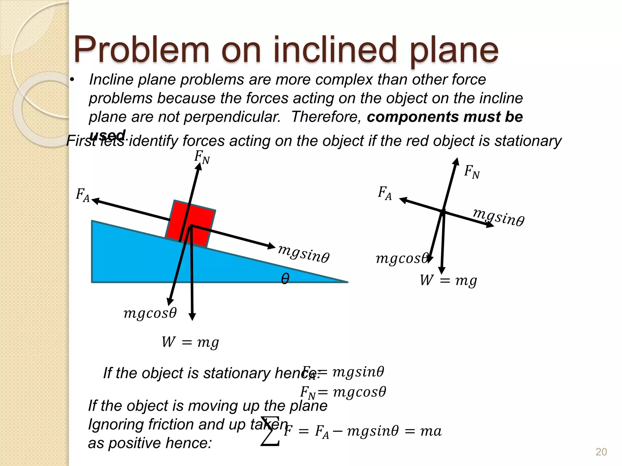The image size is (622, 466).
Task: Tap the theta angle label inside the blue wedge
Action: pyautogui.click(x=285, y=278)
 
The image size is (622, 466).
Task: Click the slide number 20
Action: pyautogui.click(x=601, y=452)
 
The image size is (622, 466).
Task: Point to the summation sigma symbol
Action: pyautogui.click(x=270, y=431)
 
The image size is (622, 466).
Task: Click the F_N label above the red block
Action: pyautogui.click(x=202, y=157)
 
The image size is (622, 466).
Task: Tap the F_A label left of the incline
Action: pyautogui.click(x=83, y=195)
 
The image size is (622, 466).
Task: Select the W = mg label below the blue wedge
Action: pyautogui.click(x=190, y=343)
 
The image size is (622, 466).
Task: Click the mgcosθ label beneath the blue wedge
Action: pyautogui.click(x=150, y=313)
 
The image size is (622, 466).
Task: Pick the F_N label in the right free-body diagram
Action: pyautogui.click(x=472, y=172)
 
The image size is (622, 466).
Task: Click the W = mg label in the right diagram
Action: pyautogui.click(x=448, y=280)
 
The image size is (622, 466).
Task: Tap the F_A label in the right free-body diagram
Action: pyautogui.click(x=384, y=193)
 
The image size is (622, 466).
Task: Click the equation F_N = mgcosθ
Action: pyautogui.click(x=343, y=392)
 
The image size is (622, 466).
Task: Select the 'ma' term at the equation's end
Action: pyautogui.click(x=431, y=431)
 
